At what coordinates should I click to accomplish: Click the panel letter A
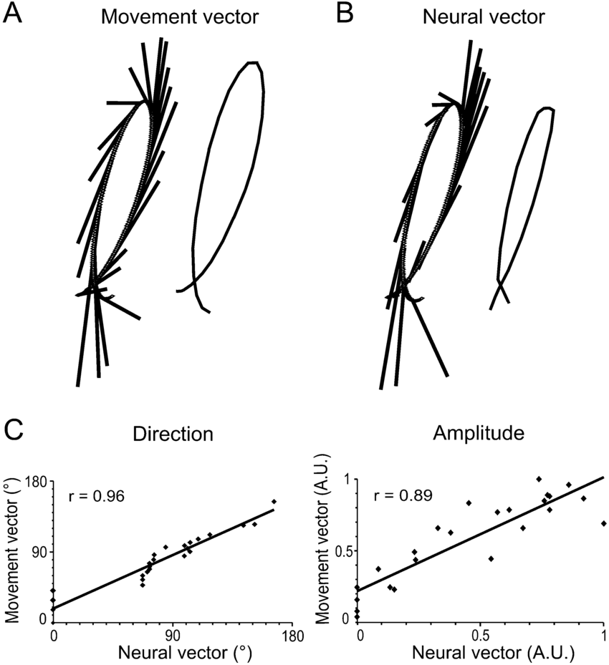pyautogui.click(x=16, y=14)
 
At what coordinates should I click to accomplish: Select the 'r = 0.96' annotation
pyautogui.click(x=97, y=496)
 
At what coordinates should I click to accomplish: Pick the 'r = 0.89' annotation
pyautogui.click(x=402, y=496)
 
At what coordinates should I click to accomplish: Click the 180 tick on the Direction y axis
pyautogui.click(x=37, y=483)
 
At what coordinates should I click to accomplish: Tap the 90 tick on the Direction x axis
pyautogui.click(x=173, y=634)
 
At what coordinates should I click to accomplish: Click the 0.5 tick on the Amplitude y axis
pyautogui.click(x=342, y=551)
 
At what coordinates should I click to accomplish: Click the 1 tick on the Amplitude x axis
pyautogui.click(x=603, y=634)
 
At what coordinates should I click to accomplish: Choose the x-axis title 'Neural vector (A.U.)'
pyautogui.click(x=481, y=653)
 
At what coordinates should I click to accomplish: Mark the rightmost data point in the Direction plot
pyautogui.click(x=274, y=502)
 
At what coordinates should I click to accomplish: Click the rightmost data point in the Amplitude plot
pyautogui.click(x=604, y=523)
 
